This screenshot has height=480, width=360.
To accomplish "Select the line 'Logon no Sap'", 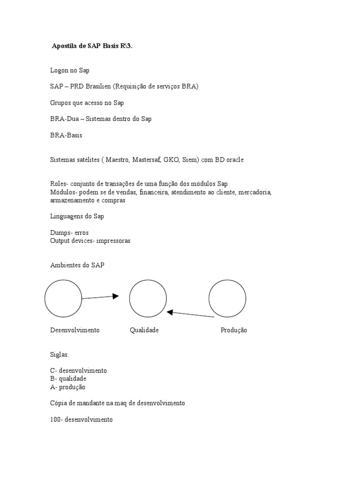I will coord(69,70).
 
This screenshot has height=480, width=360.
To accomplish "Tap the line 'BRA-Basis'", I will coord(66,135).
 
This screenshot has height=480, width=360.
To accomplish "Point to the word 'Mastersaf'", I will coord(147,160).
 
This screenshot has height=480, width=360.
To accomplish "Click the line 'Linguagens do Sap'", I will coord(77,216).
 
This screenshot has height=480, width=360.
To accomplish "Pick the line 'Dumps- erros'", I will coord(69,232).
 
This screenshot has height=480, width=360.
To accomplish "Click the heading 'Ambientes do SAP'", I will coord(77,265).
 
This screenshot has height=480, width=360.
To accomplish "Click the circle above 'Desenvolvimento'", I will coord(63,298).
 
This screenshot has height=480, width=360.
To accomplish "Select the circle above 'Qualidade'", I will coord(148,298).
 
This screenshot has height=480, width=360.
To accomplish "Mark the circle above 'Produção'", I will coord(227,298).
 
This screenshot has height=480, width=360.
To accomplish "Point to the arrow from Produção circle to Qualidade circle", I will coord(190,314).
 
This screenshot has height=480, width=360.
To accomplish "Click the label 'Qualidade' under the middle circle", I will coord(144,330).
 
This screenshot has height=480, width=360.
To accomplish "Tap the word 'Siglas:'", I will coord(60,354).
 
